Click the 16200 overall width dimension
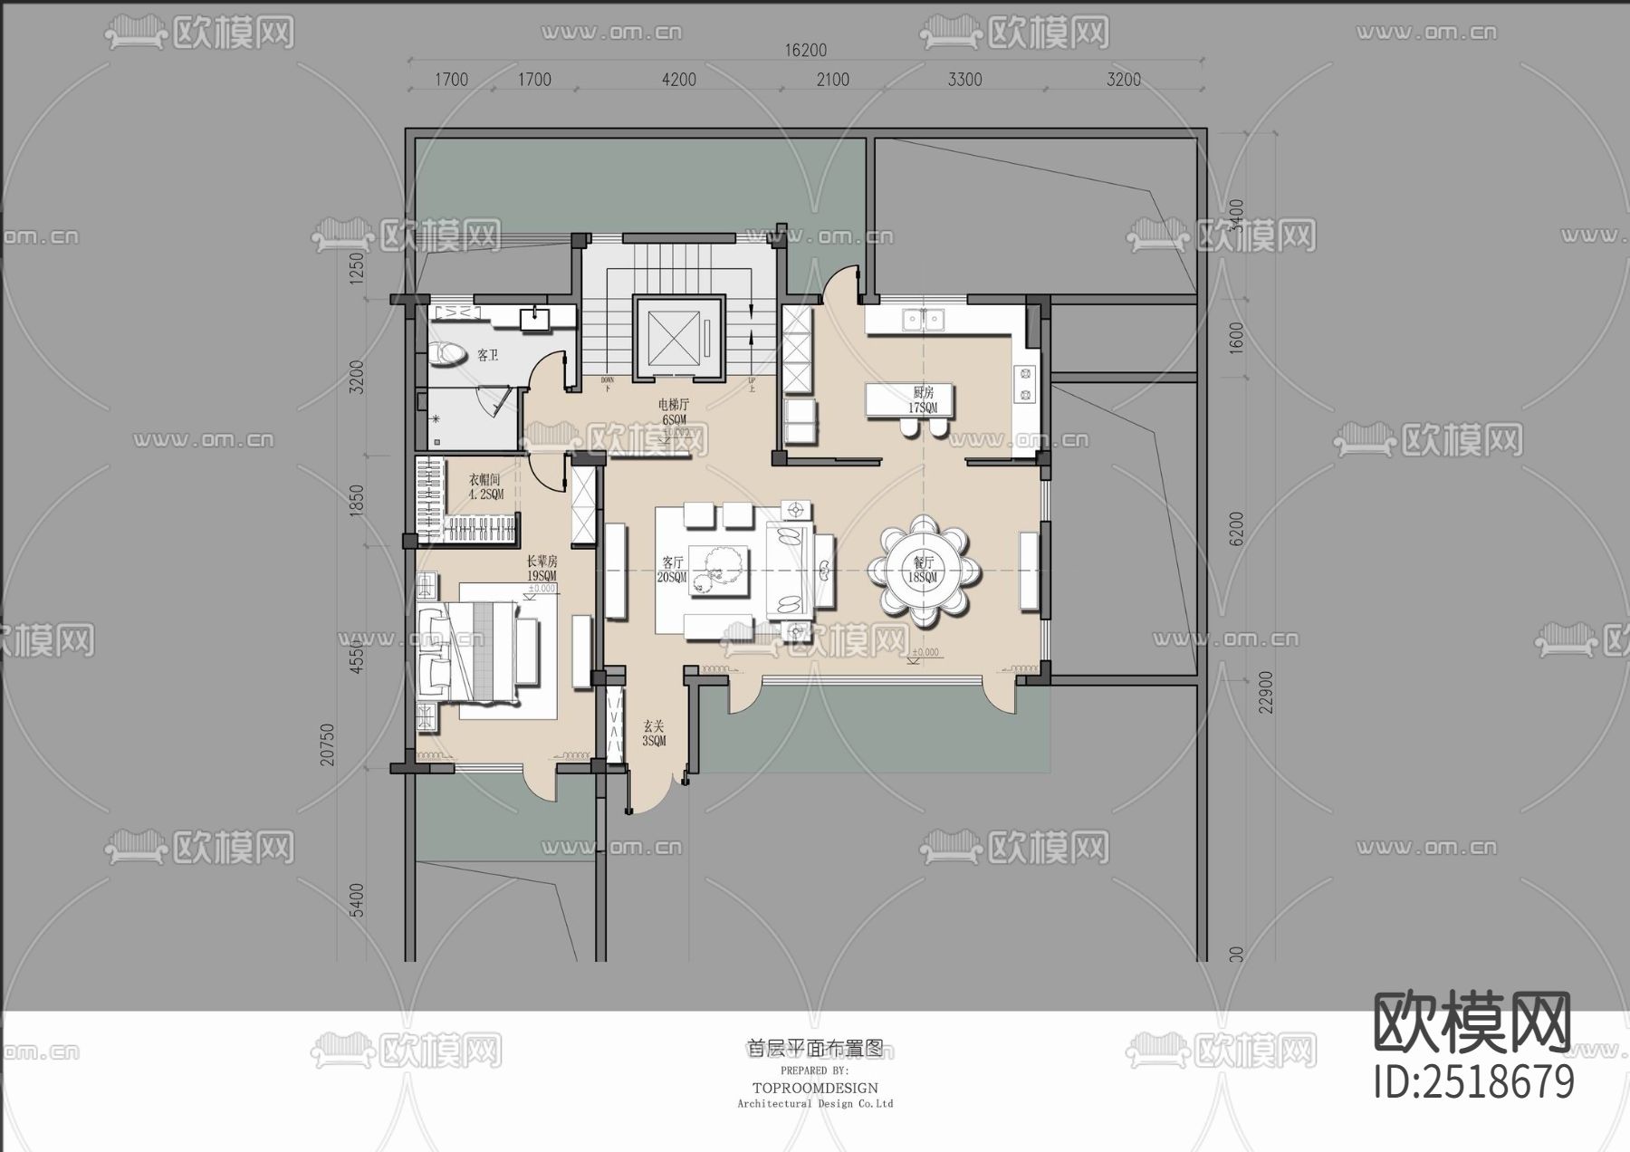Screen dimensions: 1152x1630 805,51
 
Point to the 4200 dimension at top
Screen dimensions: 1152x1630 679,80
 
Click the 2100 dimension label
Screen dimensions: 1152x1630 833,80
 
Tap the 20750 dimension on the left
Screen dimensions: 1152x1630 328,744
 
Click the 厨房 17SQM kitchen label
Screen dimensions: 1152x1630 924,399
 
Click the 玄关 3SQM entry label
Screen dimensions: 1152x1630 654,733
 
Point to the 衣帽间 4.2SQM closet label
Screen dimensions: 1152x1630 484,487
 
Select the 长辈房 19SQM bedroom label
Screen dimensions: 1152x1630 542,568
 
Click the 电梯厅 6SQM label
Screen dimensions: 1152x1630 674,412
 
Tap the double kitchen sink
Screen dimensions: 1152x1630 923,318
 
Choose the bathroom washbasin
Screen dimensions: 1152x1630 534,318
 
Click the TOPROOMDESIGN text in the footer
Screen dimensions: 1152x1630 815,1088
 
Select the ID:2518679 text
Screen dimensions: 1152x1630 1474,1081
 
